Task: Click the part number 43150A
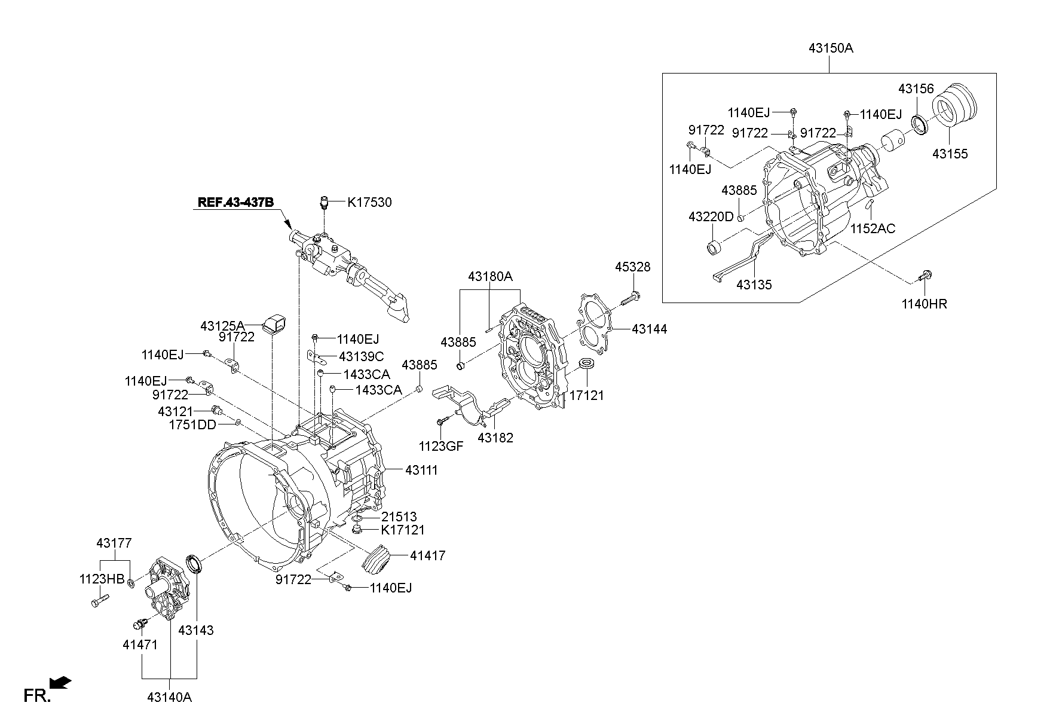pos(831,48)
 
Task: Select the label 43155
pos(950,154)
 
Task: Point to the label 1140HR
pos(924,304)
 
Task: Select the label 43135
pos(754,285)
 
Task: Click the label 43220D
pos(710,216)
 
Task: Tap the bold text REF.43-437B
pos(235,202)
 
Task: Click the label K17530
pos(369,203)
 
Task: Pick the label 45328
pos(632,267)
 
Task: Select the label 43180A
pos(490,276)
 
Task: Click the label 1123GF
pos(440,446)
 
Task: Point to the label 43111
pos(421,471)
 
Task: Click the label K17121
pos(402,530)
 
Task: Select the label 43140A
pos(170,697)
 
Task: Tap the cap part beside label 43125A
pos(275,323)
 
